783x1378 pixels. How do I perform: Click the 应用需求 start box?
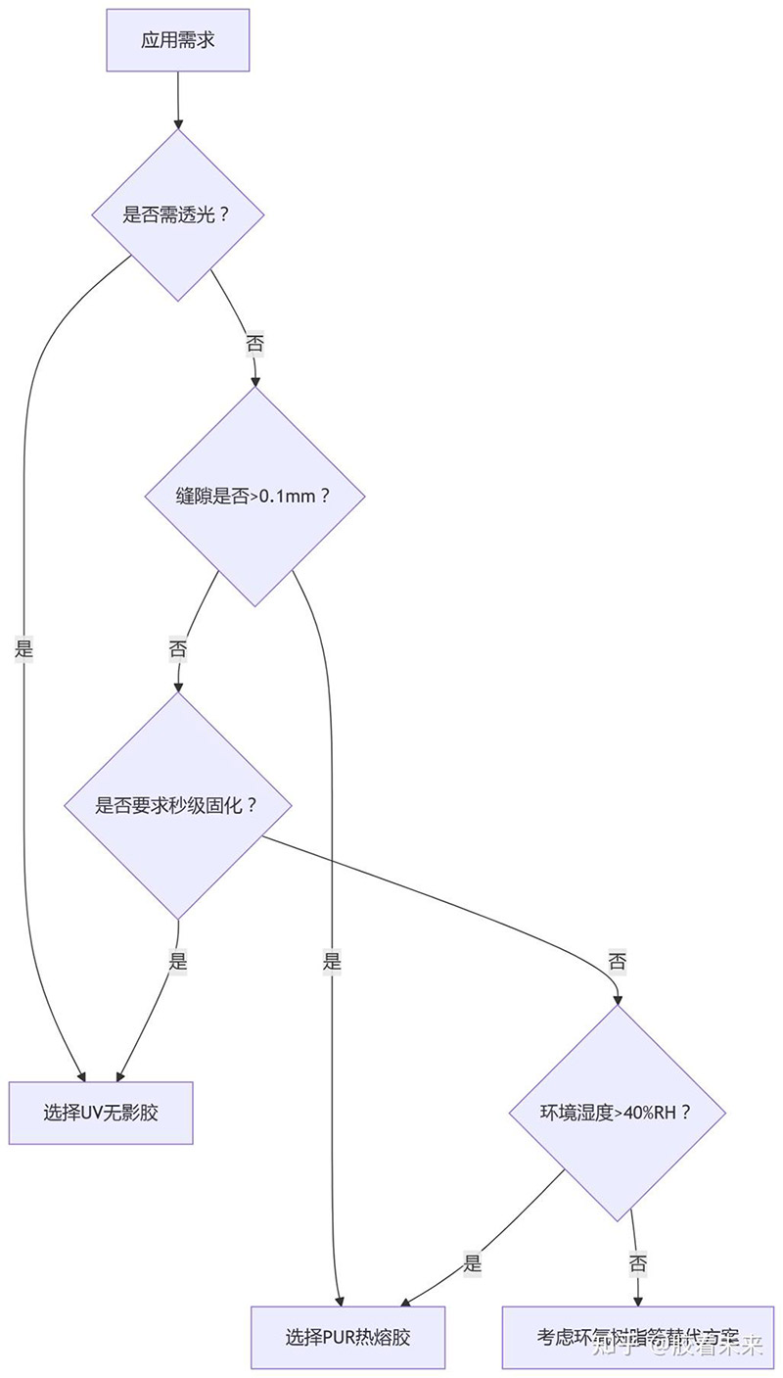177,40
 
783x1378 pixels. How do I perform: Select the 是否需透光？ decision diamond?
177,214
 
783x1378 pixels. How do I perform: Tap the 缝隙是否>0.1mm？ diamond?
254,496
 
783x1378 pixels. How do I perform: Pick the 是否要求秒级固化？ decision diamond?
177,806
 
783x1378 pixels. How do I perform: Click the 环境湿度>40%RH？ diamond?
617,1113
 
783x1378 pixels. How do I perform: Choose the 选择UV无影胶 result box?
101,1113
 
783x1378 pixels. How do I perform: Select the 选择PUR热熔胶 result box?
347,1337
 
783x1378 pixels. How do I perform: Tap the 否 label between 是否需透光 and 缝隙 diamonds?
254,344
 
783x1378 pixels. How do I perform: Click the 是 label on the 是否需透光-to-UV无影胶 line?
24,647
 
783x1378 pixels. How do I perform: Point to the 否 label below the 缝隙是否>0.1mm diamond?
177,649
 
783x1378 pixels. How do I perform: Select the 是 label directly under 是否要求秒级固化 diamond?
177,961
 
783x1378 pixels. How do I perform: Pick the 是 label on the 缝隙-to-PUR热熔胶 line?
332,961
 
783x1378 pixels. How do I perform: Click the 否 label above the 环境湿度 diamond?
617,961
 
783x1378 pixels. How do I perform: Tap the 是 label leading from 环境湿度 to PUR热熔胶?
473,1262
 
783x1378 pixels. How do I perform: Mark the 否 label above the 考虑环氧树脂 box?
637,1262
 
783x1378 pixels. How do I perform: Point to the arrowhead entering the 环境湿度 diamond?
617,999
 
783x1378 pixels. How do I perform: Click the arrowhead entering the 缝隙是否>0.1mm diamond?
254,381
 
